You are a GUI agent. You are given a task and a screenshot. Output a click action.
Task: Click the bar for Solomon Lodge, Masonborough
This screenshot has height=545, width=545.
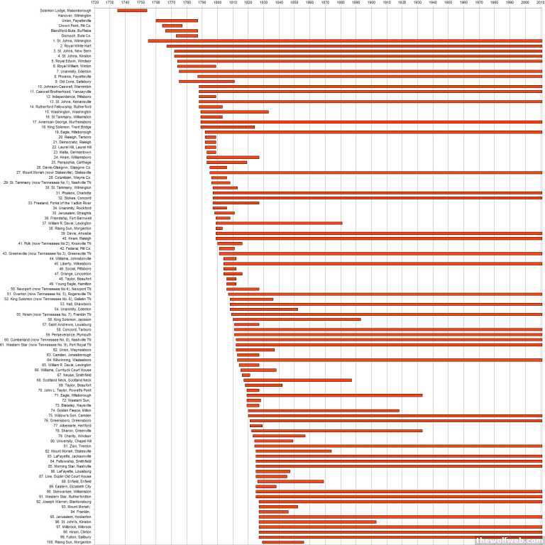coord(132,11)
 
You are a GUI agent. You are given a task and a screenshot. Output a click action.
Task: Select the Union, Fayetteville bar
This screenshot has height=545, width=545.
coord(177,21)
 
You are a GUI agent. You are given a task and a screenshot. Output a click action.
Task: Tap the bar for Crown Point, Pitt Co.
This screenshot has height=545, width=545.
coord(172,26)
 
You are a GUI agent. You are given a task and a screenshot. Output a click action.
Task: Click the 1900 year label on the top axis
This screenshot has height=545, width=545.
coord(371,3)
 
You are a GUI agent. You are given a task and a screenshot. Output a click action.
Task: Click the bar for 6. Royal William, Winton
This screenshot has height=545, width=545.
coord(197,66)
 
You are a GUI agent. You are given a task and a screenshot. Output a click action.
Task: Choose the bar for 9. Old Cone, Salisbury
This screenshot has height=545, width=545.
coord(207,82)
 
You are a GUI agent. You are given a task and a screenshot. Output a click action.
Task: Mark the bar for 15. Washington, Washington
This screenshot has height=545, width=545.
coord(234,111)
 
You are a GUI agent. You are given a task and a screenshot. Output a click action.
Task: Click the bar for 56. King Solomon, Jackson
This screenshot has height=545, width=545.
coord(297,319)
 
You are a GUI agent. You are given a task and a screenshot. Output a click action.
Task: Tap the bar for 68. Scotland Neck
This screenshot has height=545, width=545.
coord(297,380)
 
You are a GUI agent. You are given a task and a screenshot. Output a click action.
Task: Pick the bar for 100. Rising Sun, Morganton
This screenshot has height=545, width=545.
coord(282,541)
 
